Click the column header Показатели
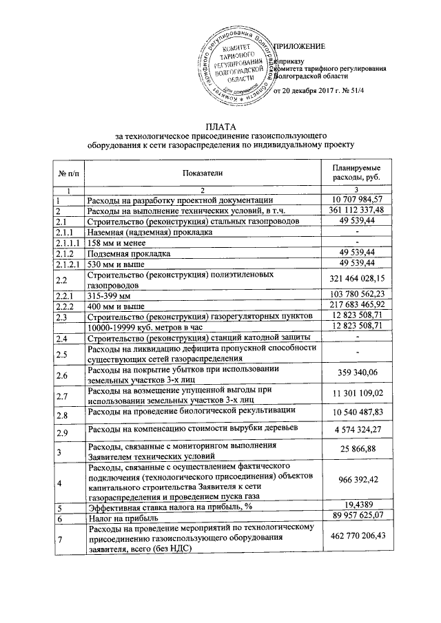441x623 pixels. click(203, 173)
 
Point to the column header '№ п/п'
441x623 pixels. click(68, 173)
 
